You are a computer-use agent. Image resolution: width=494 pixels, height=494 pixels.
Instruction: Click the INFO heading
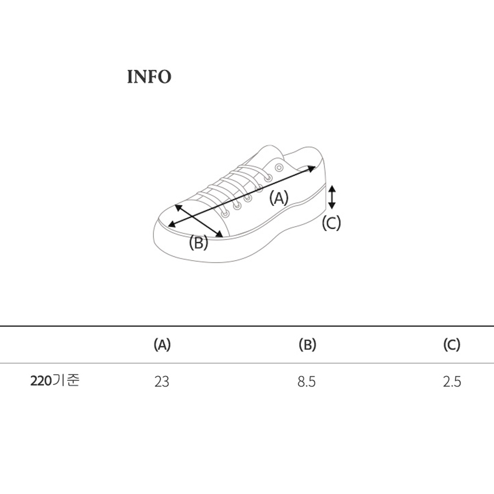point(149,77)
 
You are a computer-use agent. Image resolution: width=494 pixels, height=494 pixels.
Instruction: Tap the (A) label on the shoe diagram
point(279,198)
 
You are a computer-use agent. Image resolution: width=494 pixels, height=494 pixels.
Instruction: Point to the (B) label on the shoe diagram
point(199,243)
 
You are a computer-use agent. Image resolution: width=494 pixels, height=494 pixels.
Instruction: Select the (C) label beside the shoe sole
point(331,223)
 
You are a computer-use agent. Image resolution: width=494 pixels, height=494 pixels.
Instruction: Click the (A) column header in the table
point(162,345)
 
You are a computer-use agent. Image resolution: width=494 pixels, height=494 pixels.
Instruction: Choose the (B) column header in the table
point(307,345)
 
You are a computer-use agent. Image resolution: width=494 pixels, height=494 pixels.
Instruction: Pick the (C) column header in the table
point(452,345)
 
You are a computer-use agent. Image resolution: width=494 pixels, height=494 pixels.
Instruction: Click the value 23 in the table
point(161,381)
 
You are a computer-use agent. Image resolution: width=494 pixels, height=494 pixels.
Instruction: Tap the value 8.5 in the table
point(306,381)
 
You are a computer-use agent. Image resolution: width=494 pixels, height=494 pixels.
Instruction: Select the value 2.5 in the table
point(452,381)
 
